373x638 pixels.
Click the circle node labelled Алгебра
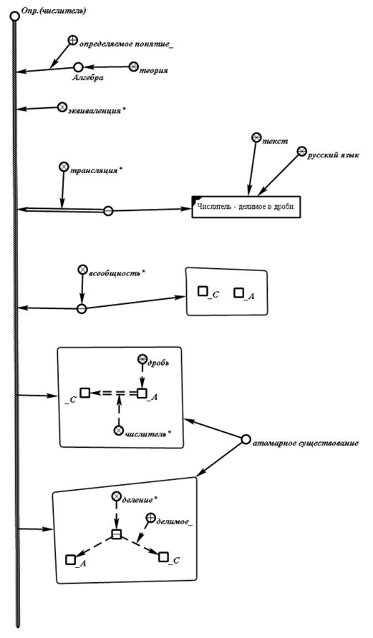coord(79,67)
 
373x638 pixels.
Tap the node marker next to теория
coord(134,67)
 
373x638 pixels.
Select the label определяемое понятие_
coord(127,43)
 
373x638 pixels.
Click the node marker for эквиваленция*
coord(62,106)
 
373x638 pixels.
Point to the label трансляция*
coord(96,170)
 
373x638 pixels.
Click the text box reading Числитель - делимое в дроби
coord(246,207)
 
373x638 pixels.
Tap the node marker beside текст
coord(256,138)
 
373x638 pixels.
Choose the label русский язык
coord(333,155)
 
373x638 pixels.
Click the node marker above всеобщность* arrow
coord(83,269)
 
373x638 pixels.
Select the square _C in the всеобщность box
coord(202,291)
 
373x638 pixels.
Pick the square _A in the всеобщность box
coord(239,293)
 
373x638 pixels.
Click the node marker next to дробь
coord(142,359)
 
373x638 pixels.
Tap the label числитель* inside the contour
coord(147,433)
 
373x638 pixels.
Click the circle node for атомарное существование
coord(245,440)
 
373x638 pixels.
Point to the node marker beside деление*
coord(116,496)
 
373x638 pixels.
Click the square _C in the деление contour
coord(163,556)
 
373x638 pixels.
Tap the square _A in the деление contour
coord(70,559)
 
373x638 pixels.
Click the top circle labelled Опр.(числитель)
coord(15,17)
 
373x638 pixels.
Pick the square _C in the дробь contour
coord(84,393)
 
